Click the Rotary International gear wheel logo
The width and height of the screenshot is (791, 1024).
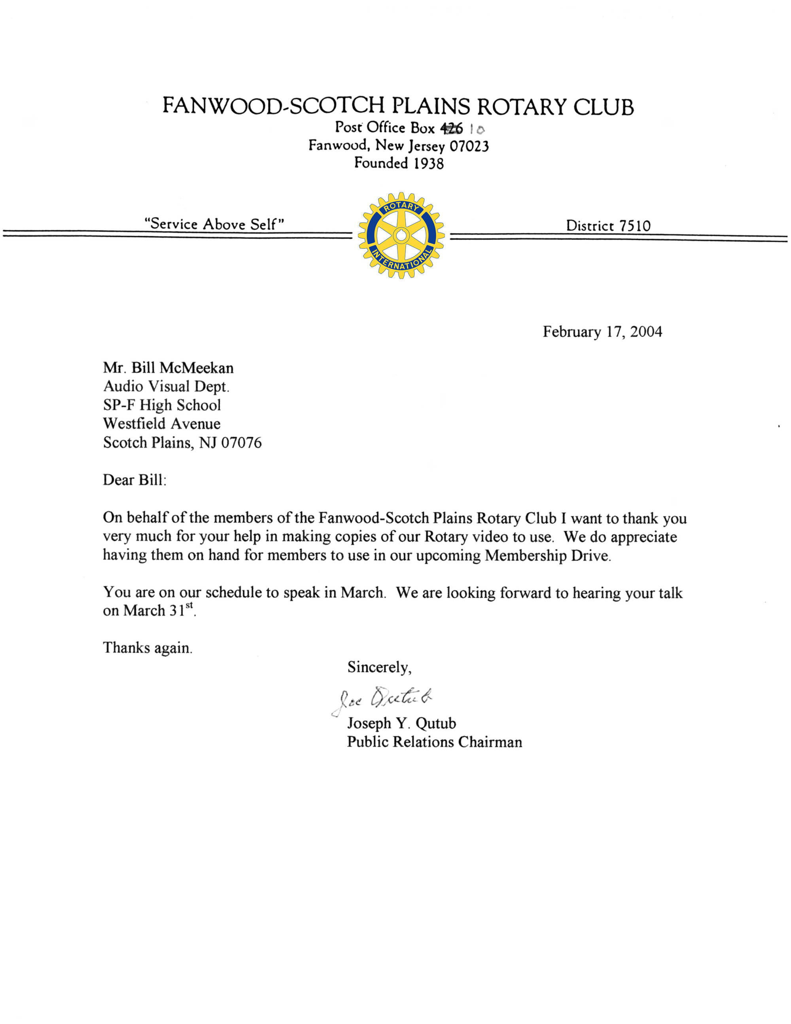401,235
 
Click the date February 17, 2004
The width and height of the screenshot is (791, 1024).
602,332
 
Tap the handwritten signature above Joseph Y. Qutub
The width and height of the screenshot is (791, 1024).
382,699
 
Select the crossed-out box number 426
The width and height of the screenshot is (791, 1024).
451,128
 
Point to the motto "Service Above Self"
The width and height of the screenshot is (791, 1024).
214,224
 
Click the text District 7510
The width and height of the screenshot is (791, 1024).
608,226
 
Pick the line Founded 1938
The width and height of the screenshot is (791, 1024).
398,163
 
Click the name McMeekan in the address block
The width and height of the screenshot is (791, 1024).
196,368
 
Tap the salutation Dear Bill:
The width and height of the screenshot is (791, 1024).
134,480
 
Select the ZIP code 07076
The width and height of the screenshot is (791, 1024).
241,443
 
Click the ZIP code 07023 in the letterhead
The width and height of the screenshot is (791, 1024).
469,146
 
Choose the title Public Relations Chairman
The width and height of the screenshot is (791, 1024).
434,742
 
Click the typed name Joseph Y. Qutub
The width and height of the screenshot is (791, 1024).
401,723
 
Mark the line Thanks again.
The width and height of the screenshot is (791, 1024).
148,648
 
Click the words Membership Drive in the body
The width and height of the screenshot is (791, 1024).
547,556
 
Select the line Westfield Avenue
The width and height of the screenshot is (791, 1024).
162,424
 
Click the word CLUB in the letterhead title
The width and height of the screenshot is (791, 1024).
603,107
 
